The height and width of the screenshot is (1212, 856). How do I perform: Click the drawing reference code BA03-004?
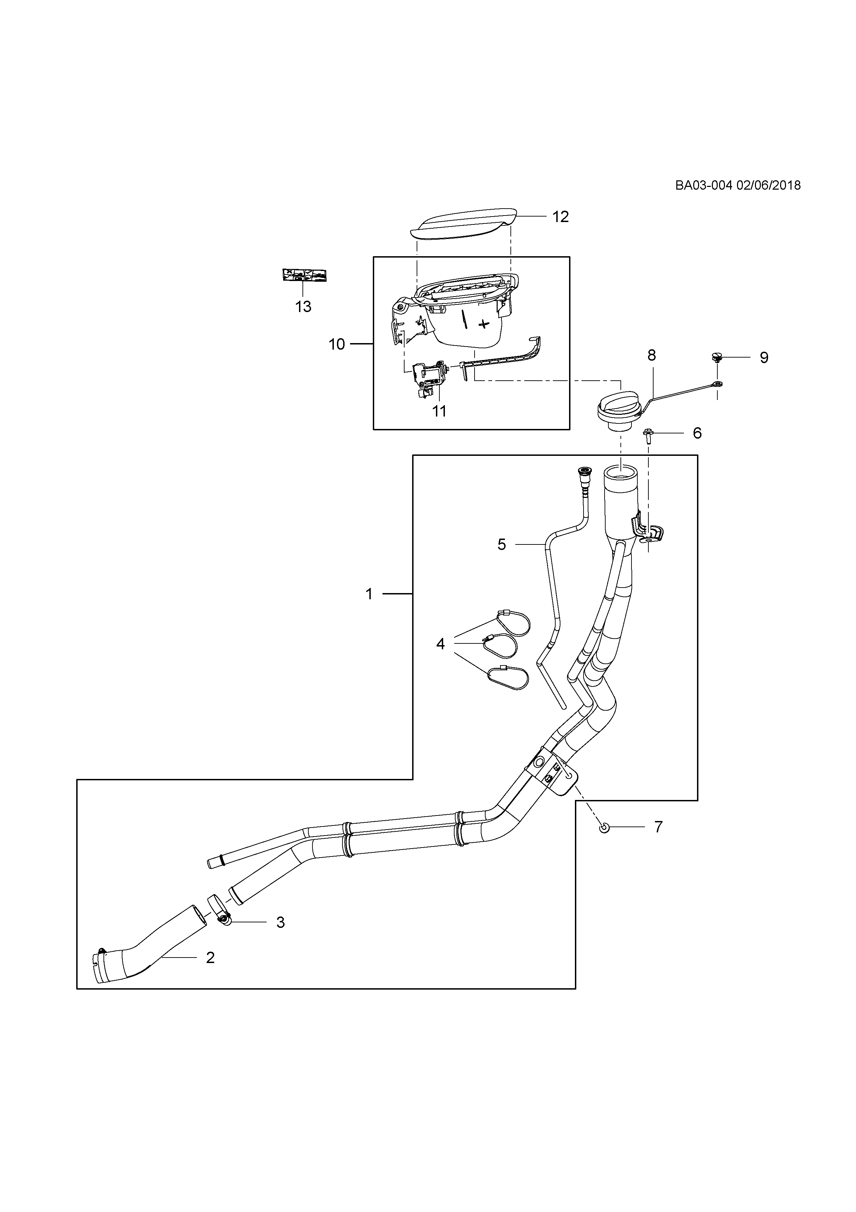coord(703,185)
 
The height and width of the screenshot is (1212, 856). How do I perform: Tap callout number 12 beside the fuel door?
coord(560,217)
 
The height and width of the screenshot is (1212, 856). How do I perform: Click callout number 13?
coord(303,307)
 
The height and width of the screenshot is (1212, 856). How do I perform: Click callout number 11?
coord(439,411)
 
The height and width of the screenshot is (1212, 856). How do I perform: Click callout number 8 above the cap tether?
coord(651,355)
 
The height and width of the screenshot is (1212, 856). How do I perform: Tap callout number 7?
coord(658,827)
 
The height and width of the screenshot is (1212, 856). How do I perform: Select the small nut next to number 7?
coord(605,828)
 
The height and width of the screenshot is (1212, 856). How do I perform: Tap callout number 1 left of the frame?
coord(369,594)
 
